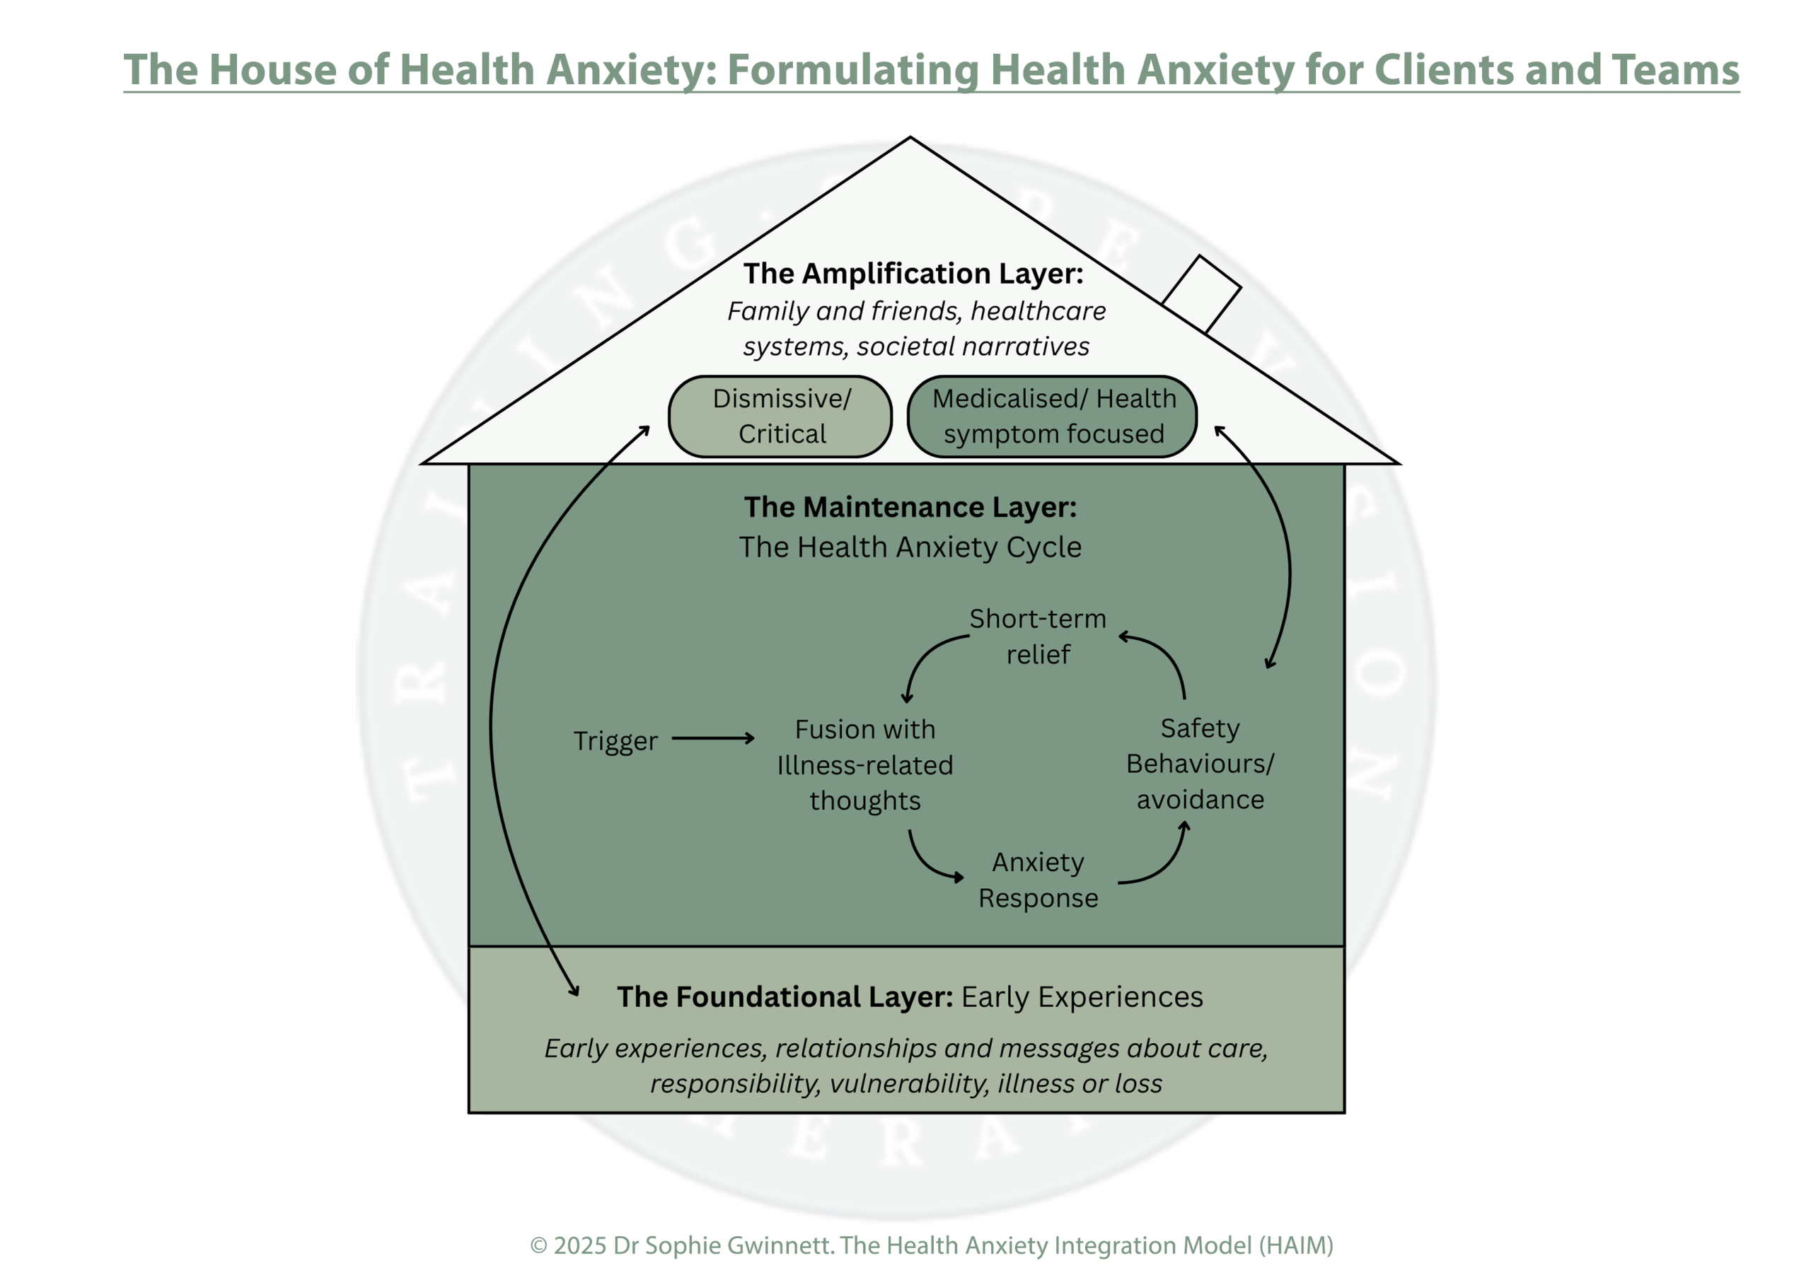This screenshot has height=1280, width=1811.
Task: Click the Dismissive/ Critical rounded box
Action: (780, 417)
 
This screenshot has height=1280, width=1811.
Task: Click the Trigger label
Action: (615, 741)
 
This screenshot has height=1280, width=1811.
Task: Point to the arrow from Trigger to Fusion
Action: (713, 738)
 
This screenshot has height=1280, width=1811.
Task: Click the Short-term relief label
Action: (1037, 636)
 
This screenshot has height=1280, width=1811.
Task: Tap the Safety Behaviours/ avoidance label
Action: (1200, 764)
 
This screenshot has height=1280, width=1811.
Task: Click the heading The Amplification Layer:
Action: (913, 274)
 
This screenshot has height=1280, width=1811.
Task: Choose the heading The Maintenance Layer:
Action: (910, 507)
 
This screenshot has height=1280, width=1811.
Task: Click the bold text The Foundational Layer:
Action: (785, 997)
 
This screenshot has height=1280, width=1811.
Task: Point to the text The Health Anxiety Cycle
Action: (910, 547)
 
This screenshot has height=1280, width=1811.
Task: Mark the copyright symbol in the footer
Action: (539, 1245)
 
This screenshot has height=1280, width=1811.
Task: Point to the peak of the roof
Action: (910, 139)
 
